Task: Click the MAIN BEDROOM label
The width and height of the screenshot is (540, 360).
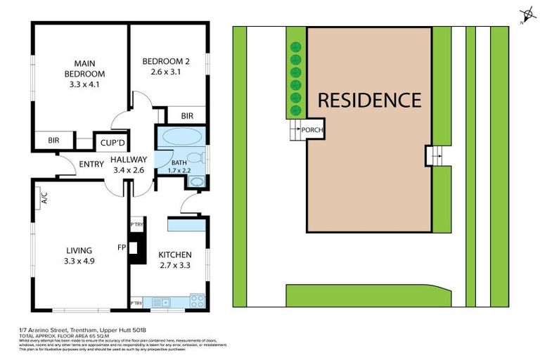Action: point(84,68)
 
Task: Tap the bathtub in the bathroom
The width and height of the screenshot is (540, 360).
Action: point(181,136)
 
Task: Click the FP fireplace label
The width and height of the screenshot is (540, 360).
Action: point(121,247)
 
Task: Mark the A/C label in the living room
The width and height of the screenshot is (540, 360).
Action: point(44,198)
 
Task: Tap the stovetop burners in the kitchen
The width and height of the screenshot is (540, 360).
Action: point(198,302)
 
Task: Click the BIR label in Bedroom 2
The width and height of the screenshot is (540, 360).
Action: point(187,116)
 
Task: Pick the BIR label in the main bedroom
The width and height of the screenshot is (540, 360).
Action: point(53,141)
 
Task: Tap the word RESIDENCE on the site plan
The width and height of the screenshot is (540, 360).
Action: point(369,100)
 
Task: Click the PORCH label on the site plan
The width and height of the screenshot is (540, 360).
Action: point(311,129)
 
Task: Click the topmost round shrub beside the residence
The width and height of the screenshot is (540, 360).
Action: point(295,46)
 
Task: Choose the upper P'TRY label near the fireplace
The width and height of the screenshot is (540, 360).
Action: point(136,225)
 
